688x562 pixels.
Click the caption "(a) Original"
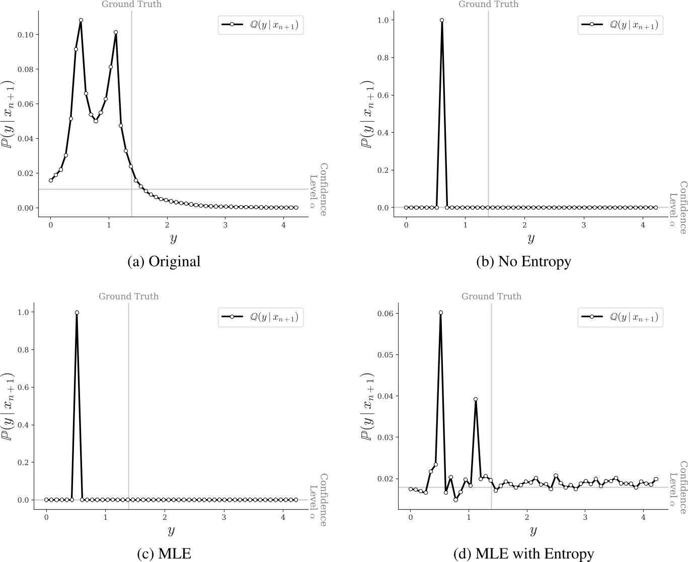pyautogui.click(x=164, y=262)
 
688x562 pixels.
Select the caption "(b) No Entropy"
pyautogui.click(x=523, y=262)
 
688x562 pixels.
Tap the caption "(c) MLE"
pyautogui.click(x=164, y=554)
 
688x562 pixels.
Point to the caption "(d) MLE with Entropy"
pyautogui.click(x=523, y=554)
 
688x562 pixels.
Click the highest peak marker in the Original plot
pyautogui.click(x=81, y=21)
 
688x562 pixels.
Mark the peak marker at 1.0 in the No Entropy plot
pyautogui.click(x=442, y=20)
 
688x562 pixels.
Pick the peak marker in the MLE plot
pyautogui.click(x=77, y=313)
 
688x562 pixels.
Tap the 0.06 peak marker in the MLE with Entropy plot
pyautogui.click(x=440, y=313)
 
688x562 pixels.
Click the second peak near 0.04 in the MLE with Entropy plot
pyautogui.click(x=475, y=399)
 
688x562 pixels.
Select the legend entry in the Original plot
pyautogui.click(x=260, y=25)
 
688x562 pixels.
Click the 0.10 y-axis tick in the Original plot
pyautogui.click(x=26, y=35)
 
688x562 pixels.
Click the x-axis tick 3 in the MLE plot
pyautogui.click(x=224, y=516)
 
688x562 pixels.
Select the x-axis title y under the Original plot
pyautogui.click(x=173, y=238)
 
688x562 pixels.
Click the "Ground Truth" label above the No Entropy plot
pyautogui.click(x=488, y=5)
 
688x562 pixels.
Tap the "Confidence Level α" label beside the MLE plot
pyautogui.click(x=318, y=500)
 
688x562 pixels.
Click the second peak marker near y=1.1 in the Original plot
pyautogui.click(x=116, y=32)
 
